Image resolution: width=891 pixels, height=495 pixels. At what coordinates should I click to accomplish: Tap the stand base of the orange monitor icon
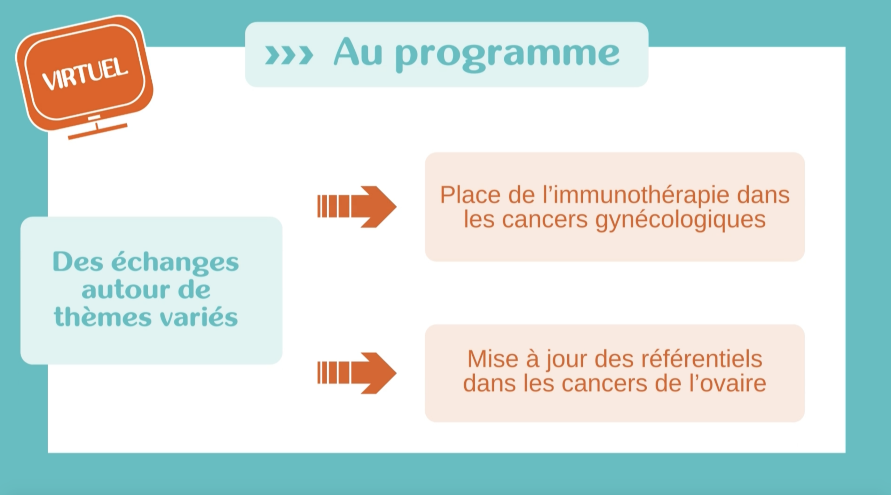point(98,131)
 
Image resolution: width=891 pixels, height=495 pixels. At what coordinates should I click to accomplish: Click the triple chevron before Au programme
point(289,55)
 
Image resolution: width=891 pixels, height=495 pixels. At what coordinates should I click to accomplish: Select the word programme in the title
point(507,56)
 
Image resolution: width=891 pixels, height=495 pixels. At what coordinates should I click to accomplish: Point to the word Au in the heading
point(358,52)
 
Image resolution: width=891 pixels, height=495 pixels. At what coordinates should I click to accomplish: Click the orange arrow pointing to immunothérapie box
point(357,207)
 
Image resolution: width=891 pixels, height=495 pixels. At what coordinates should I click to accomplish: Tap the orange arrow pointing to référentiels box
point(357,373)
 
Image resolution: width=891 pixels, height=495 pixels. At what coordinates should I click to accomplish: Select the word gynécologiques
point(680,220)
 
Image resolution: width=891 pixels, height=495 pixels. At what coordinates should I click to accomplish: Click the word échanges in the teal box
point(175,263)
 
